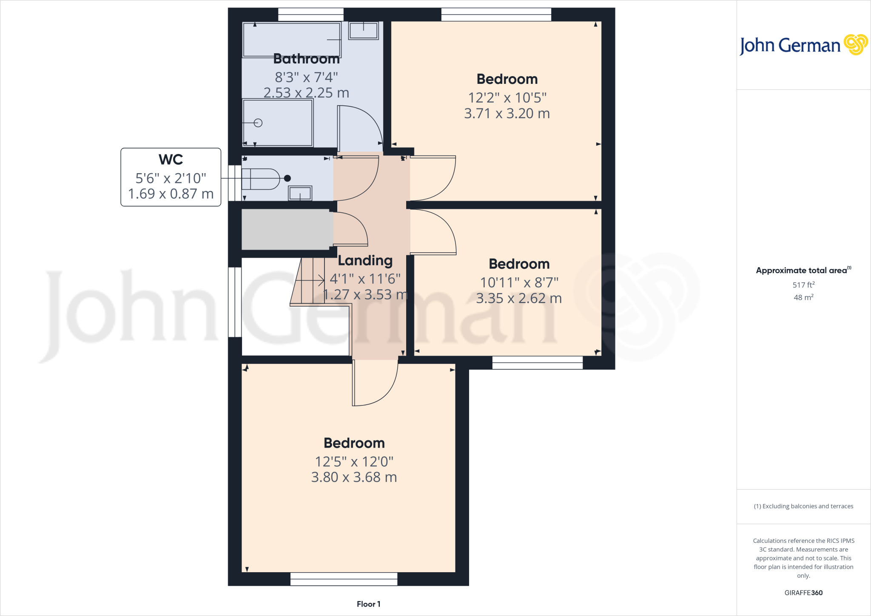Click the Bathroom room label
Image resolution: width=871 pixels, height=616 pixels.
[x=306, y=59]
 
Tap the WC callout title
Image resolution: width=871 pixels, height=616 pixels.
[x=171, y=160]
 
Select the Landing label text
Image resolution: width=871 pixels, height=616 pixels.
[x=365, y=260]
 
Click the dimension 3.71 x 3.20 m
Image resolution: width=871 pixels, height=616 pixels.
[x=507, y=114]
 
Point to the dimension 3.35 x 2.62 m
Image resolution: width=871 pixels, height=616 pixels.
[x=519, y=298]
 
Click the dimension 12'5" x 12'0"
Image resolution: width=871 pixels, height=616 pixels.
[x=354, y=462]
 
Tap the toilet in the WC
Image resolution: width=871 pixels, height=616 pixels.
[x=261, y=179]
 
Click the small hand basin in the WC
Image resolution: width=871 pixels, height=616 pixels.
[x=300, y=193]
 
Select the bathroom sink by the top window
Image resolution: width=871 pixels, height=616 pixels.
[x=363, y=31]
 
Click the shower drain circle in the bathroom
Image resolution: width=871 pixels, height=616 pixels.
[x=258, y=123]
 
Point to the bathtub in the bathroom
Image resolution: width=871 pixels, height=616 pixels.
[x=291, y=40]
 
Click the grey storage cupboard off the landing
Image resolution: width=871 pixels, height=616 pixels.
[x=287, y=229]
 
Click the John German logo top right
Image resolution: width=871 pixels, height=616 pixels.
[x=803, y=45]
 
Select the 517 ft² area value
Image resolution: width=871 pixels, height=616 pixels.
[x=803, y=285]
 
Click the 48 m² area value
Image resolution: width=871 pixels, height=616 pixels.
[x=803, y=297]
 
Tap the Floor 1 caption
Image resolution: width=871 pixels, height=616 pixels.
[x=368, y=604]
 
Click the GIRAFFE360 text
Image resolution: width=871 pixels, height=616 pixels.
[x=803, y=593]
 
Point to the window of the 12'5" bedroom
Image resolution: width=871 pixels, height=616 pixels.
[x=344, y=579]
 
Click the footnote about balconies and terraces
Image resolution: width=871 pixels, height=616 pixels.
[x=803, y=506]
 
